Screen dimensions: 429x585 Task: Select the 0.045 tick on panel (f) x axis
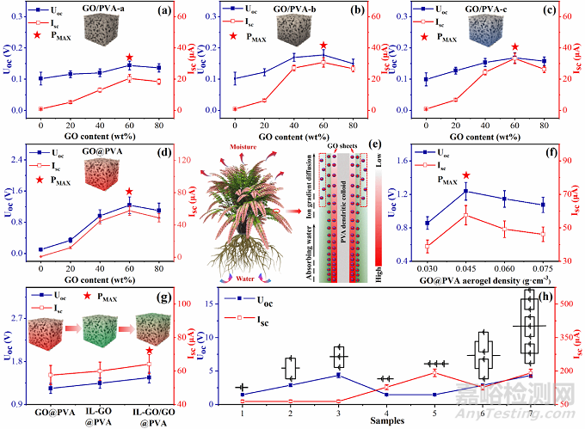tap(465, 269)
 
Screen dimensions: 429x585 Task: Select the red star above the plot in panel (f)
tap(466, 176)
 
